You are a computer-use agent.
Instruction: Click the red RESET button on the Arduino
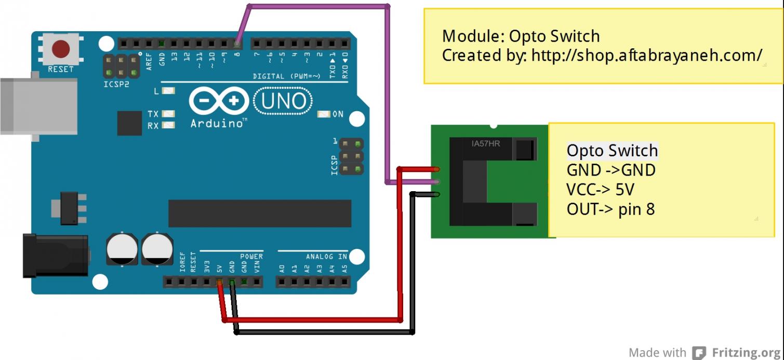pyautogui.click(x=61, y=49)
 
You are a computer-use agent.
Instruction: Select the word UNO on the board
pyautogui.click(x=283, y=100)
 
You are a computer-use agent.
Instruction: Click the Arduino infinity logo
pyautogui.click(x=218, y=101)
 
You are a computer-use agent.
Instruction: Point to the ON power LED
pyautogui.click(x=324, y=114)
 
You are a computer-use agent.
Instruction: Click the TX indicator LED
pyautogui.click(x=168, y=114)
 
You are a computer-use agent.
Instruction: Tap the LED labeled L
pyautogui.click(x=168, y=91)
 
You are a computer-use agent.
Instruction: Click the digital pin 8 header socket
pyautogui.click(x=237, y=43)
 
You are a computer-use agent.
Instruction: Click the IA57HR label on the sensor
pyautogui.click(x=486, y=143)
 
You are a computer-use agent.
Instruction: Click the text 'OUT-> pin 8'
pyautogui.click(x=610, y=209)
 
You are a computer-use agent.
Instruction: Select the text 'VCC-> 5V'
pyautogui.click(x=600, y=190)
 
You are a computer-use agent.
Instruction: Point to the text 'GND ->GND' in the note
pyautogui.click(x=611, y=170)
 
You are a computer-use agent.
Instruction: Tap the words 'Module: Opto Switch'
pyautogui.click(x=521, y=36)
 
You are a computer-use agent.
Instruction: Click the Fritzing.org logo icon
pyautogui.click(x=699, y=353)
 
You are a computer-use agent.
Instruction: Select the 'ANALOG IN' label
pyautogui.click(x=326, y=256)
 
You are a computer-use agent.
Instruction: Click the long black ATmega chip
pyautogui.click(x=259, y=213)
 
